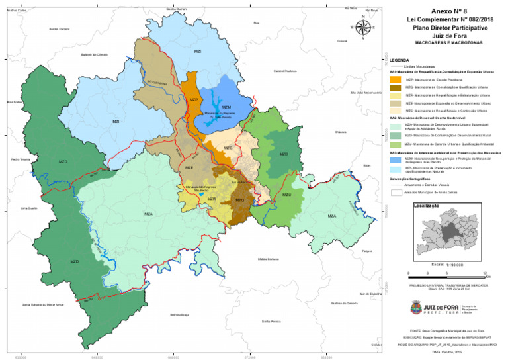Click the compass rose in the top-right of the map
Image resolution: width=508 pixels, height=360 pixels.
363,28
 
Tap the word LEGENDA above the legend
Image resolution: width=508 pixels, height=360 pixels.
400,60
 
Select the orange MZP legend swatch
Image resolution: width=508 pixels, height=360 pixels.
396,79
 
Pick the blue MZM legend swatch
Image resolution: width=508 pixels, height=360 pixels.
396,159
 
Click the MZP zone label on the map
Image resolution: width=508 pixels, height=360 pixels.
194,100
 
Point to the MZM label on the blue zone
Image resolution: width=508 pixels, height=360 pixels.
226,107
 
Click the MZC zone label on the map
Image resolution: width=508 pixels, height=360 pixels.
228,148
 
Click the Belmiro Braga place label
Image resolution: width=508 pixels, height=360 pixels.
180,315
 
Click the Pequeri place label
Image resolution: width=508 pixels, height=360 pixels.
368,251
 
